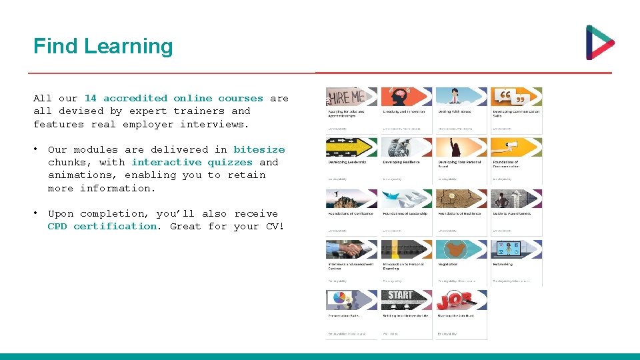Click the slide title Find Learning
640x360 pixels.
(103, 46)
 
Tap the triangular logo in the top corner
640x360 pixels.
(599, 43)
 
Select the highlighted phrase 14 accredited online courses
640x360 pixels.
(173, 98)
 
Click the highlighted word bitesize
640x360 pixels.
(259, 149)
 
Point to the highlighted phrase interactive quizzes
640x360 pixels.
(192, 162)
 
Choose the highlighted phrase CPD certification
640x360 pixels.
(103, 226)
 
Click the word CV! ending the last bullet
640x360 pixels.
(275, 226)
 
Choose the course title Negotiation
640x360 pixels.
(447, 265)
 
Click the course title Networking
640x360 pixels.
(503, 265)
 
